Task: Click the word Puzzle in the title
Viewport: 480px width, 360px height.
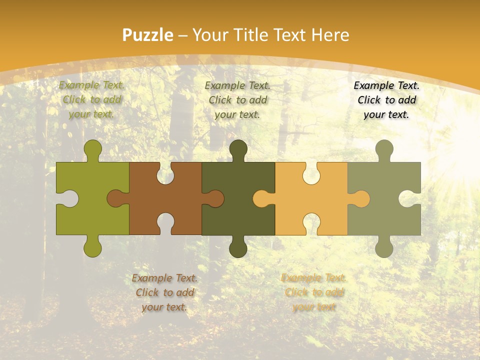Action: coord(148,35)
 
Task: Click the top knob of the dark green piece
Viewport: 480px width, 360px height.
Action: coord(238,149)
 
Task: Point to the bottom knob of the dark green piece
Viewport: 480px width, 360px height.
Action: coord(238,247)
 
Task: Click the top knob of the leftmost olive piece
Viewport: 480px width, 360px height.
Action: coord(92,149)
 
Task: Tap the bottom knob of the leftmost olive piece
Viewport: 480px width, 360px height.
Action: coord(92,247)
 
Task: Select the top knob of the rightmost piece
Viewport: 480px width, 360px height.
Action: coord(384,149)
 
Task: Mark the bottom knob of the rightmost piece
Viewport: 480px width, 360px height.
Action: coord(384,247)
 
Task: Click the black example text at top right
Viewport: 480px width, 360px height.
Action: coord(386,100)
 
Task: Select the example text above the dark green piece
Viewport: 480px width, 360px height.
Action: coord(237,100)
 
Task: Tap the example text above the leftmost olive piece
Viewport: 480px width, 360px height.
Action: coord(91,99)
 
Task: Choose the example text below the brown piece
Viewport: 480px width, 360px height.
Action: coord(164,292)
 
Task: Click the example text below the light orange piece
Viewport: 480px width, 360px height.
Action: coord(314,292)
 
